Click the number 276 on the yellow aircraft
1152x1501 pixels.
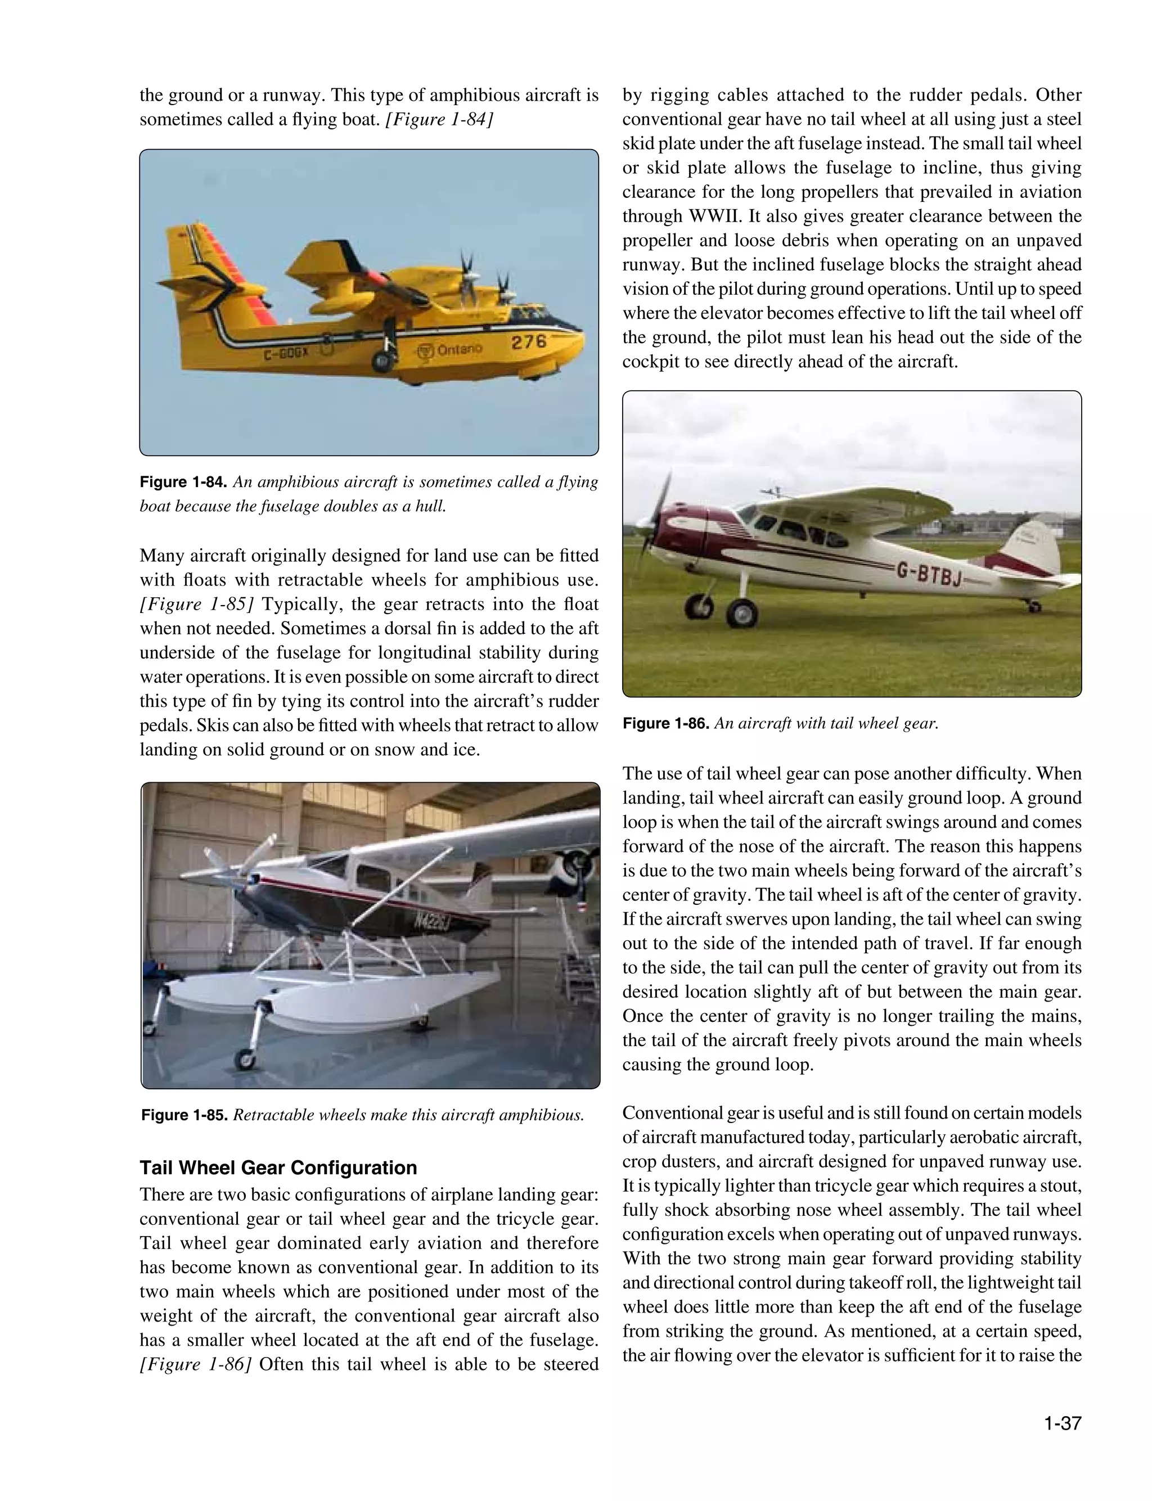[529, 341]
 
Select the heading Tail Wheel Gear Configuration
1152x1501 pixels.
[278, 1168]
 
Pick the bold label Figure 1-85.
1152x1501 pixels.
[184, 1115]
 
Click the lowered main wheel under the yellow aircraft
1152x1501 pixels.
[381, 361]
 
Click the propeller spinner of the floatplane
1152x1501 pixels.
[251, 880]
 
